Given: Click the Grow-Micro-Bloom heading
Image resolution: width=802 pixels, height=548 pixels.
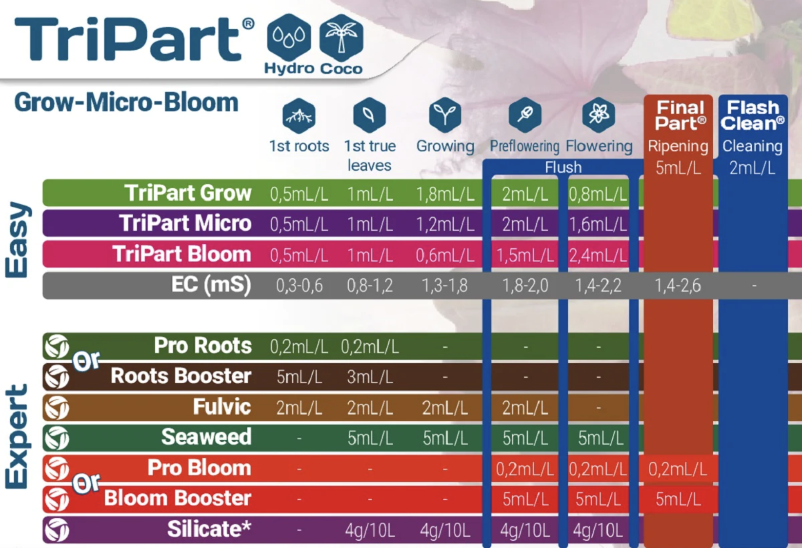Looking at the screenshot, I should tap(126, 103).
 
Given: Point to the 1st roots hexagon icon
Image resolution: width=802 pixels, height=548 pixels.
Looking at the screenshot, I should tap(299, 116).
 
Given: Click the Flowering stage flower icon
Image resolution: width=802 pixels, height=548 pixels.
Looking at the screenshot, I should tap(599, 115).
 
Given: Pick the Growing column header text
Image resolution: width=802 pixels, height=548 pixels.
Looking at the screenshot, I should tap(445, 146).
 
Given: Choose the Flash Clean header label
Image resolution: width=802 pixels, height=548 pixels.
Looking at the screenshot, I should tap(753, 115).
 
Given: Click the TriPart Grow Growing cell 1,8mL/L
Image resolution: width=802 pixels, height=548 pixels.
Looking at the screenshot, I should tap(445, 194).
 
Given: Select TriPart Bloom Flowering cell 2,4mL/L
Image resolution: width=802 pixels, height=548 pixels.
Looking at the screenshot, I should tap(598, 255).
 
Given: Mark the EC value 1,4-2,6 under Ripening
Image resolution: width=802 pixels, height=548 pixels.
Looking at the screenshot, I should tap(678, 286).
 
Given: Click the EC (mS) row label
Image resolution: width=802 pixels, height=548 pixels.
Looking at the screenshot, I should tap(211, 285).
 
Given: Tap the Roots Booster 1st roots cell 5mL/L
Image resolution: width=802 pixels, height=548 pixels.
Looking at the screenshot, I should tap(299, 377).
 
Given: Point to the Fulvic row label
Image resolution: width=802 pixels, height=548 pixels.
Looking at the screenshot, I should tap(222, 407).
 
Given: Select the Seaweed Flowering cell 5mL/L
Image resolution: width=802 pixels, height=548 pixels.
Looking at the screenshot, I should tap(601, 438).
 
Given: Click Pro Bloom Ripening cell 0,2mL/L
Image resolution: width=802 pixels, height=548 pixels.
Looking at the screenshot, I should tap(678, 469).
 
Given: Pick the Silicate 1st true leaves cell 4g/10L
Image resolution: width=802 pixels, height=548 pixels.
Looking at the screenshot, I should tap(370, 530).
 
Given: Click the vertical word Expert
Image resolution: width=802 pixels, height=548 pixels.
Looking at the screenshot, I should tap(17, 436).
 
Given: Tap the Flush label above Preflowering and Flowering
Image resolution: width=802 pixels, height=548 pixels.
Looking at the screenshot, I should tap(563, 167).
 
